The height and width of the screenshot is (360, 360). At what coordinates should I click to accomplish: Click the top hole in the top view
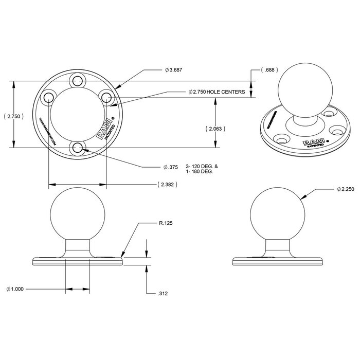click(x=78, y=80)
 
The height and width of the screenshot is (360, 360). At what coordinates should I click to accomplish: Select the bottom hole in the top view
click(x=78, y=148)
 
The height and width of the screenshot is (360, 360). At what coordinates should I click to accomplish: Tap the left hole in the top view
click(x=48, y=97)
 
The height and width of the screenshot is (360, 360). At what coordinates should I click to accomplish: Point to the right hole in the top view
click(x=107, y=97)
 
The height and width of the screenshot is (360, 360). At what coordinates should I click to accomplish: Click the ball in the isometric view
click(x=299, y=93)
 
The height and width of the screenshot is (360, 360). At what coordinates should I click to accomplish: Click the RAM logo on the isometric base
click(x=313, y=142)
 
